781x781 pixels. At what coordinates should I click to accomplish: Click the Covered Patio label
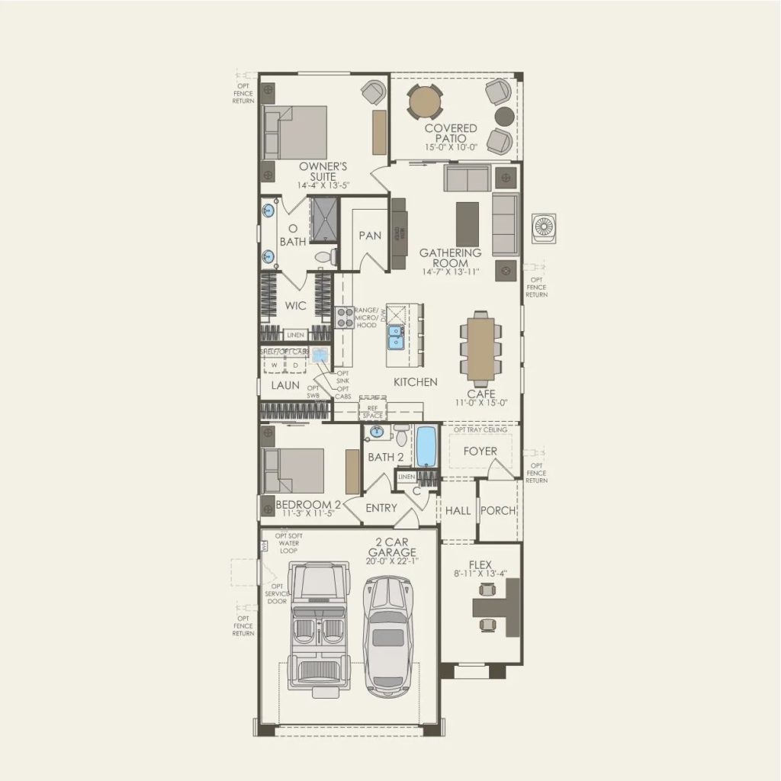point(451,133)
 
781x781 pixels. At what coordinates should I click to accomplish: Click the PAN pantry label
point(370,236)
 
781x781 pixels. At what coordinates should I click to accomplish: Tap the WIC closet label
point(296,306)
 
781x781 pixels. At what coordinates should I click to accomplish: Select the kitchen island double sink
point(396,336)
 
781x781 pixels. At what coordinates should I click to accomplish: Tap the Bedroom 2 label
point(308,504)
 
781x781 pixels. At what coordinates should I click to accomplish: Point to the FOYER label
point(480,451)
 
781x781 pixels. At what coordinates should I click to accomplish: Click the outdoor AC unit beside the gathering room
point(544,229)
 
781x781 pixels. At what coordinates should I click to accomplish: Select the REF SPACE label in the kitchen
point(373,413)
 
